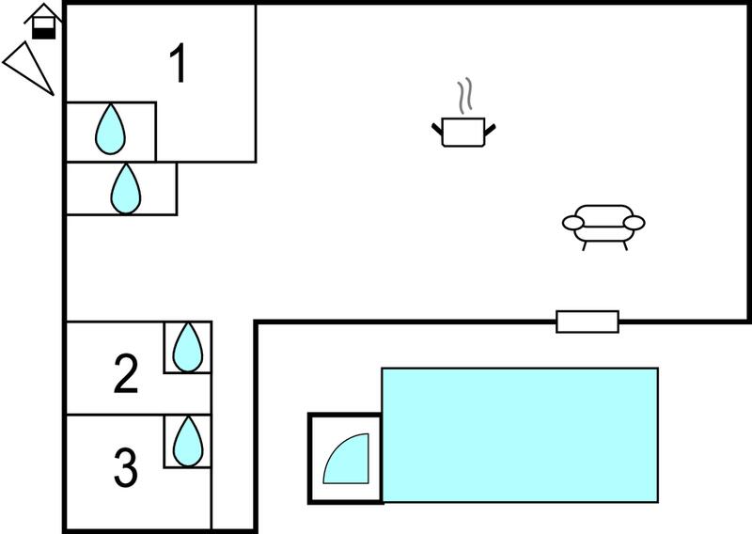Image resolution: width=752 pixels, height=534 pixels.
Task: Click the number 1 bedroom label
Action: (179, 64)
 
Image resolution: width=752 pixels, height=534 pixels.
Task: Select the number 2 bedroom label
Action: (126, 374)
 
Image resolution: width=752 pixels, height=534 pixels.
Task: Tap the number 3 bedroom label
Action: (126, 467)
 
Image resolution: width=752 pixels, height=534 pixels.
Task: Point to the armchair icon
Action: (603, 227)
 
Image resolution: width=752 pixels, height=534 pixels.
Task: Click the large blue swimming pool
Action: (520, 435)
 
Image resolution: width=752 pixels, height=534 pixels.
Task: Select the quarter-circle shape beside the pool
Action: (346, 459)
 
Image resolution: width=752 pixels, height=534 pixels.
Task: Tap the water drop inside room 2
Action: (187, 347)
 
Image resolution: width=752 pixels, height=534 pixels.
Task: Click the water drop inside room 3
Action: (187, 442)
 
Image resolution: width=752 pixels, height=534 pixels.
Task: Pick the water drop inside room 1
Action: (110, 130)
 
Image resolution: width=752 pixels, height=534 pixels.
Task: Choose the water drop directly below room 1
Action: (126, 189)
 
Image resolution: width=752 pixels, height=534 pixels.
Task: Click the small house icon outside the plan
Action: (43, 21)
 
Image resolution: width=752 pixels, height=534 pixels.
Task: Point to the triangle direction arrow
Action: (28, 68)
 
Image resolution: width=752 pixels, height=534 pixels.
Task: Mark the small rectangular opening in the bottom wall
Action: (587, 322)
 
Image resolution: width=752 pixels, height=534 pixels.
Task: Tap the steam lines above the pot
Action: (464, 96)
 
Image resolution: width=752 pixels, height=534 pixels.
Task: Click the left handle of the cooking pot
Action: (437, 130)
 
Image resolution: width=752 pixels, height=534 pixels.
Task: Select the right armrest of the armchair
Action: (634, 223)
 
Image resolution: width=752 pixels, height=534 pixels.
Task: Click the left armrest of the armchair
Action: (573, 223)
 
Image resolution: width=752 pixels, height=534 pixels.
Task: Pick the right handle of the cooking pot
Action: (490, 130)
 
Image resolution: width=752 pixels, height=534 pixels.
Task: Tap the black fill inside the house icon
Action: (43, 34)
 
